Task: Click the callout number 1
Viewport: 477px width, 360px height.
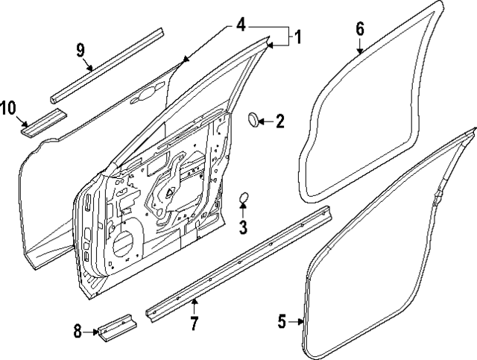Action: coord(296,37)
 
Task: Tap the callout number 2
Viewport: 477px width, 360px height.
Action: coord(279,121)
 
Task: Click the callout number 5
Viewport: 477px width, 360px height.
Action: coord(282,322)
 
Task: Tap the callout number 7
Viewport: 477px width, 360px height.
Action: coord(194,323)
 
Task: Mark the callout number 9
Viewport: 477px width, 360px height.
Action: coord(80,51)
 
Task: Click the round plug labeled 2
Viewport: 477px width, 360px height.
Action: coord(253,119)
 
